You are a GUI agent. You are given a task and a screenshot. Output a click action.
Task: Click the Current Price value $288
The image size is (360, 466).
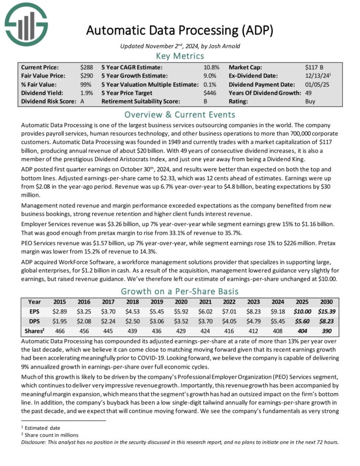point(86,67)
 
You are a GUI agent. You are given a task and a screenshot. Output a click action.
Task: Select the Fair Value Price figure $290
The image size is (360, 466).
point(86,76)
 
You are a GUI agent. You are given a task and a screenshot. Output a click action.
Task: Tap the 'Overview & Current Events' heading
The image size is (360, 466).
point(179,114)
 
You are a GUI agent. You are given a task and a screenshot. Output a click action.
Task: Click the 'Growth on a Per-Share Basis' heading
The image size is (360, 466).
point(179,291)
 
